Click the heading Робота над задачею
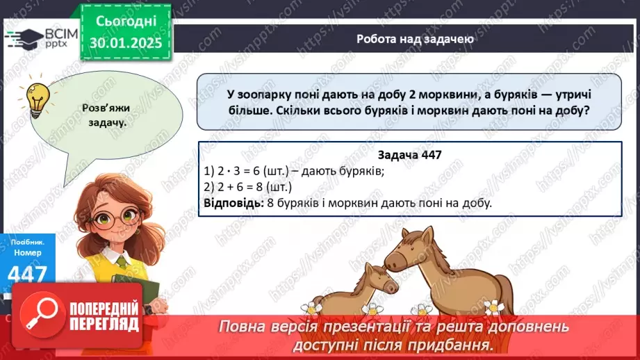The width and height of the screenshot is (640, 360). (x=415, y=39)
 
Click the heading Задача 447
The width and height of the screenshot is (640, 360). (x=410, y=156)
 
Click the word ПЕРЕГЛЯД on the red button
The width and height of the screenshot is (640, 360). (x=104, y=325)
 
